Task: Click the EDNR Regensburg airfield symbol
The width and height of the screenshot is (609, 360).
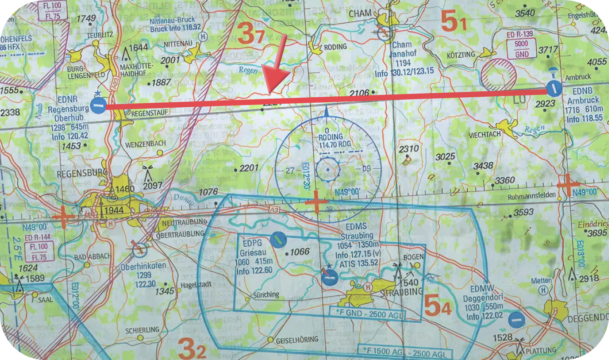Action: pyautogui.click(x=98, y=106)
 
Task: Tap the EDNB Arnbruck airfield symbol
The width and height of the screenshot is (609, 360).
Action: pyautogui.click(x=554, y=88)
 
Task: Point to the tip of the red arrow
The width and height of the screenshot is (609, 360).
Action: pyautogui.click(x=270, y=93)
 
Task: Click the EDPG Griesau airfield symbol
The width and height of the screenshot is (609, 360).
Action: pyautogui.click(x=278, y=238)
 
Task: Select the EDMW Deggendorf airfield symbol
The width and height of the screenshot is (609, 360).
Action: pyautogui.click(x=516, y=320)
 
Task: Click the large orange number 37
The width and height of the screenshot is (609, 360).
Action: pyautogui.click(x=250, y=34)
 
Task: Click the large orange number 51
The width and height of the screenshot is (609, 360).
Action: pyautogui.click(x=453, y=22)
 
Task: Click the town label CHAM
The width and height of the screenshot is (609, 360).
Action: pyautogui.click(x=360, y=14)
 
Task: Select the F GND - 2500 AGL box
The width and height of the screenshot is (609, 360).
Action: pyautogui.click(x=367, y=313)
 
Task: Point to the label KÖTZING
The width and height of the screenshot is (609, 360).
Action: pyautogui.click(x=461, y=55)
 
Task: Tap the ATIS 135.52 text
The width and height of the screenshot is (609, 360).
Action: pyautogui.click(x=357, y=263)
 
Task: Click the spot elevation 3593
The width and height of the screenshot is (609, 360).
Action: pyautogui.click(x=523, y=212)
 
